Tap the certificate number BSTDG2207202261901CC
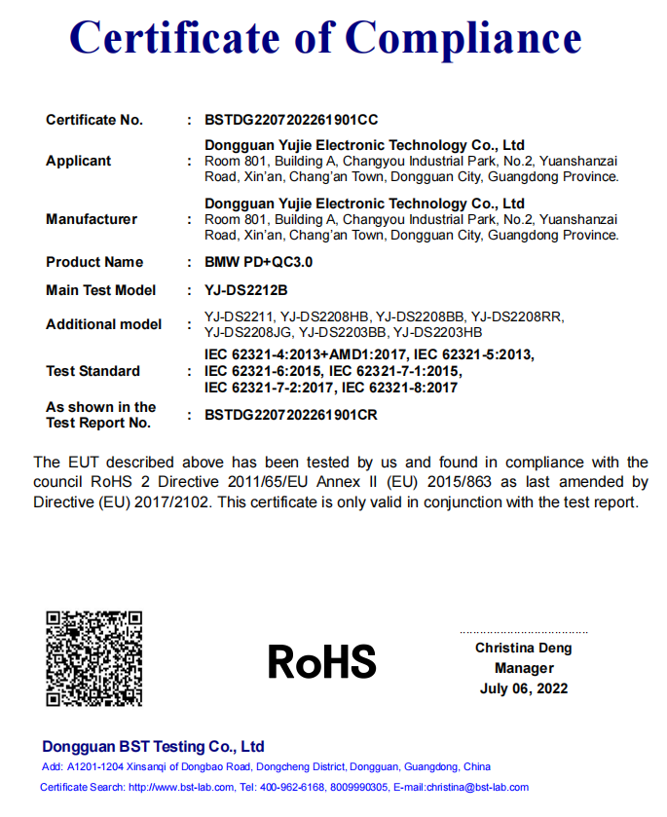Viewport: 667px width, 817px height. (291, 120)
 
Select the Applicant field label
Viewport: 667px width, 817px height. (79, 161)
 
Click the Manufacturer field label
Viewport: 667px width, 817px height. (92, 219)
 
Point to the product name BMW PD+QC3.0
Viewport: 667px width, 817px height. (258, 262)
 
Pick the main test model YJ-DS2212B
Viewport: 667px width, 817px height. (246, 290)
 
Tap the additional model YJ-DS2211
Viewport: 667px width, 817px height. (238, 316)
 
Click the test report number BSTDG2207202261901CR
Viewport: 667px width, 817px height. (290, 415)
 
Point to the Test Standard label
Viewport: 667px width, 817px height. (93, 371)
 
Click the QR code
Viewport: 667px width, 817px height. (94, 657)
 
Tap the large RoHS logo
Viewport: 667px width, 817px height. (321, 663)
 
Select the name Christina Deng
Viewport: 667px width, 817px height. (524, 648)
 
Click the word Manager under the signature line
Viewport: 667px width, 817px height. (524, 668)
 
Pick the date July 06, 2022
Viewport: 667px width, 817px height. (524, 688)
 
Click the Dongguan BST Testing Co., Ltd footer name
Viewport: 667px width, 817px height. (153, 747)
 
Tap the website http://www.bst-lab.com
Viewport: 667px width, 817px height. (181, 787)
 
